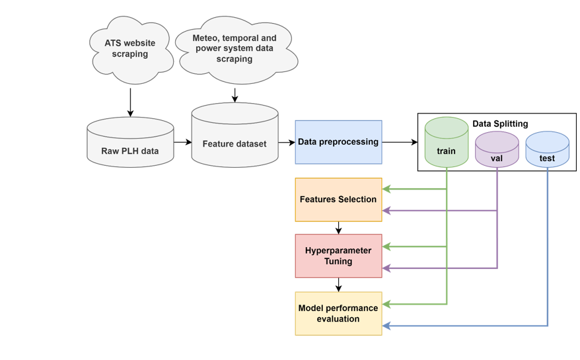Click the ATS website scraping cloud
tap(130, 50)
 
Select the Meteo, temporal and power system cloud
tap(235, 49)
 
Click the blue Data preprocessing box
tap(338, 142)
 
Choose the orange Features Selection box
tap(338, 199)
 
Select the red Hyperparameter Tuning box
tap(338, 256)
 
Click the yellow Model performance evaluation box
tap(338, 313)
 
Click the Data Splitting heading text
tap(500, 124)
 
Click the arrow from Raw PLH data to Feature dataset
tap(182, 142)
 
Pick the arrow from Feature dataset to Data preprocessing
tap(286, 142)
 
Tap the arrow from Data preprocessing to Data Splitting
tap(399, 142)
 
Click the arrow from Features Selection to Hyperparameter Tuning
tap(338, 228)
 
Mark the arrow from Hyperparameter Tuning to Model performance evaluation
tap(338, 285)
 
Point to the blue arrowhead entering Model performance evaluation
tap(386, 326)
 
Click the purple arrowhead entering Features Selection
tap(386, 211)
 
